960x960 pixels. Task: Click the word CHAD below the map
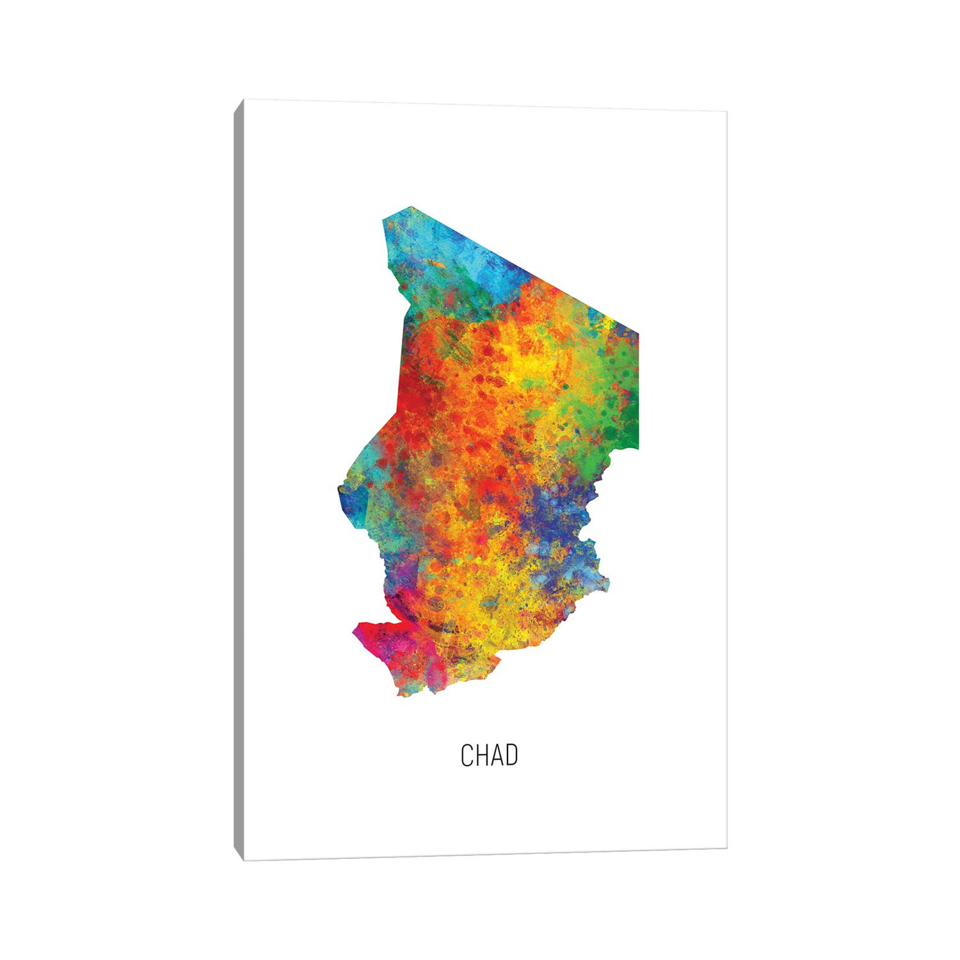click(489, 755)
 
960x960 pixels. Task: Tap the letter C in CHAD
click(467, 755)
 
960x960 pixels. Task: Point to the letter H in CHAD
click(482, 755)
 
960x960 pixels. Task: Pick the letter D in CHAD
click(511, 755)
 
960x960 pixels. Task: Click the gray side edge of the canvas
click(239, 480)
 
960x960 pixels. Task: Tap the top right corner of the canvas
click(726, 111)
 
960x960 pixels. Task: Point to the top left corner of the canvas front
click(244, 100)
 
